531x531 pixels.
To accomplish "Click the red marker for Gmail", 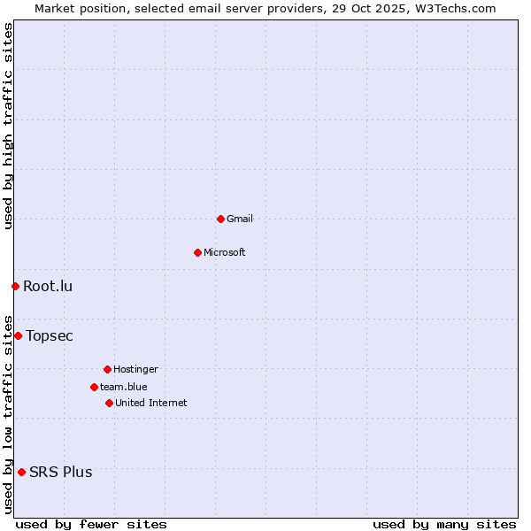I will (220, 219).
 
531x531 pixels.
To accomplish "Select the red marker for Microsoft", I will (197, 252).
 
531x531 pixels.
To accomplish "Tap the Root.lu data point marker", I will (15, 286).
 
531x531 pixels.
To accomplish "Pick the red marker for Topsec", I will (18, 335).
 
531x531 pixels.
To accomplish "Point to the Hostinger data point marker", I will (107, 369).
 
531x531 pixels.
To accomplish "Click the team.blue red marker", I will (94, 387).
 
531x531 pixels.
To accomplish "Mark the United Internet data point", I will (109, 403).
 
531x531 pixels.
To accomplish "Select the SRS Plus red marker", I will (21, 472).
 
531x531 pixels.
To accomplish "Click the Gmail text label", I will (240, 219).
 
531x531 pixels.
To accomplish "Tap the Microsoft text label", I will (225, 252).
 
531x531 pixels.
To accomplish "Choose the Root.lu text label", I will (48, 286).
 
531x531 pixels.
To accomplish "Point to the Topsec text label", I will (50, 335).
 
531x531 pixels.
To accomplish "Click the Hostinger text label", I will (135, 369).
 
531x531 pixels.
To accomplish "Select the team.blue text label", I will (124, 387).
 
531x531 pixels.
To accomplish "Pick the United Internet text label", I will (151, 403).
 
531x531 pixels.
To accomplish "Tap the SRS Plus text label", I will (60, 472).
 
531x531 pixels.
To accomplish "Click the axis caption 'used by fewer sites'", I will (91, 524).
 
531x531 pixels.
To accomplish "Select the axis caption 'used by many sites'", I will (444, 524).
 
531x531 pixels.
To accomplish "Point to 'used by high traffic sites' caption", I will (8, 126).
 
